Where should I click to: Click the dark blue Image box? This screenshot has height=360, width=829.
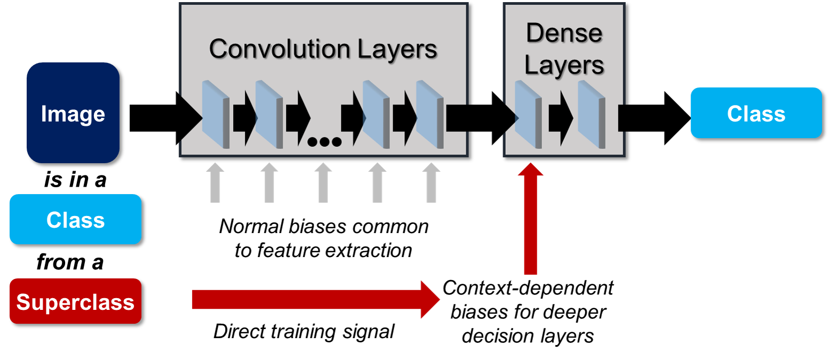[73, 113]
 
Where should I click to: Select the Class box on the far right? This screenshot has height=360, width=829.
[756, 113]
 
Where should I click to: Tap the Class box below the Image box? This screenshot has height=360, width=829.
[75, 219]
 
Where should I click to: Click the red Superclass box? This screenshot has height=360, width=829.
[75, 301]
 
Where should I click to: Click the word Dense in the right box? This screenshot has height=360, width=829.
[564, 33]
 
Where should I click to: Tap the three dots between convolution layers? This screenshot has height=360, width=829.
[324, 142]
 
